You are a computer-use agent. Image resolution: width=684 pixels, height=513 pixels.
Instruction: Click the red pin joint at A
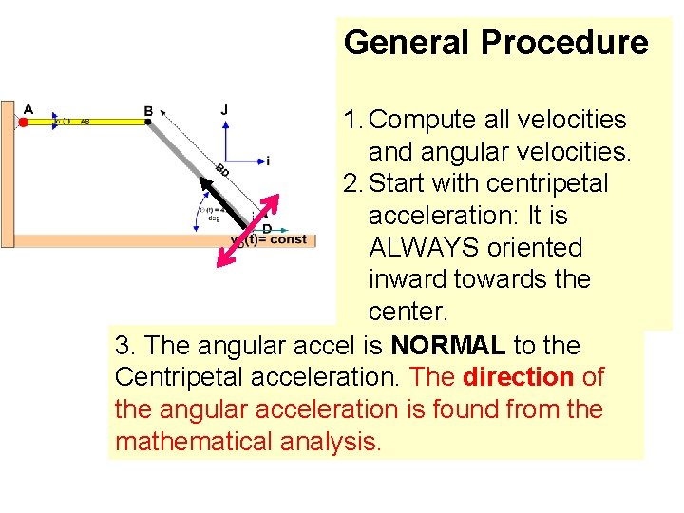click(24, 122)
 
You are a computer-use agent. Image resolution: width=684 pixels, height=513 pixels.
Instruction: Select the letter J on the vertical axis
click(224, 109)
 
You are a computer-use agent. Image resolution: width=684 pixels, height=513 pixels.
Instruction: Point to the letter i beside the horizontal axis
click(268, 161)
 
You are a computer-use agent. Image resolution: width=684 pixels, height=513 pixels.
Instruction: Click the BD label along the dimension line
click(222, 171)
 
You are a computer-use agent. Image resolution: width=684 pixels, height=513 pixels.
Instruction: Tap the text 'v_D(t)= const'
click(271, 240)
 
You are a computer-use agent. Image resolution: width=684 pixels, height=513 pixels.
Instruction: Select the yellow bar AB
click(85, 122)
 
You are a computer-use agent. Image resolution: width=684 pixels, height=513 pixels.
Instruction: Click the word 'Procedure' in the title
click(564, 43)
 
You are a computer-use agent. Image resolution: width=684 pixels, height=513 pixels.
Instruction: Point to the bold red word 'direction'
click(518, 377)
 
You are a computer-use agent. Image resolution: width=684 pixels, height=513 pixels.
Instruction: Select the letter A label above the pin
click(28, 108)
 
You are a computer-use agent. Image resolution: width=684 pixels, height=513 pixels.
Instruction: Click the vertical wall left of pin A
click(7, 171)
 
